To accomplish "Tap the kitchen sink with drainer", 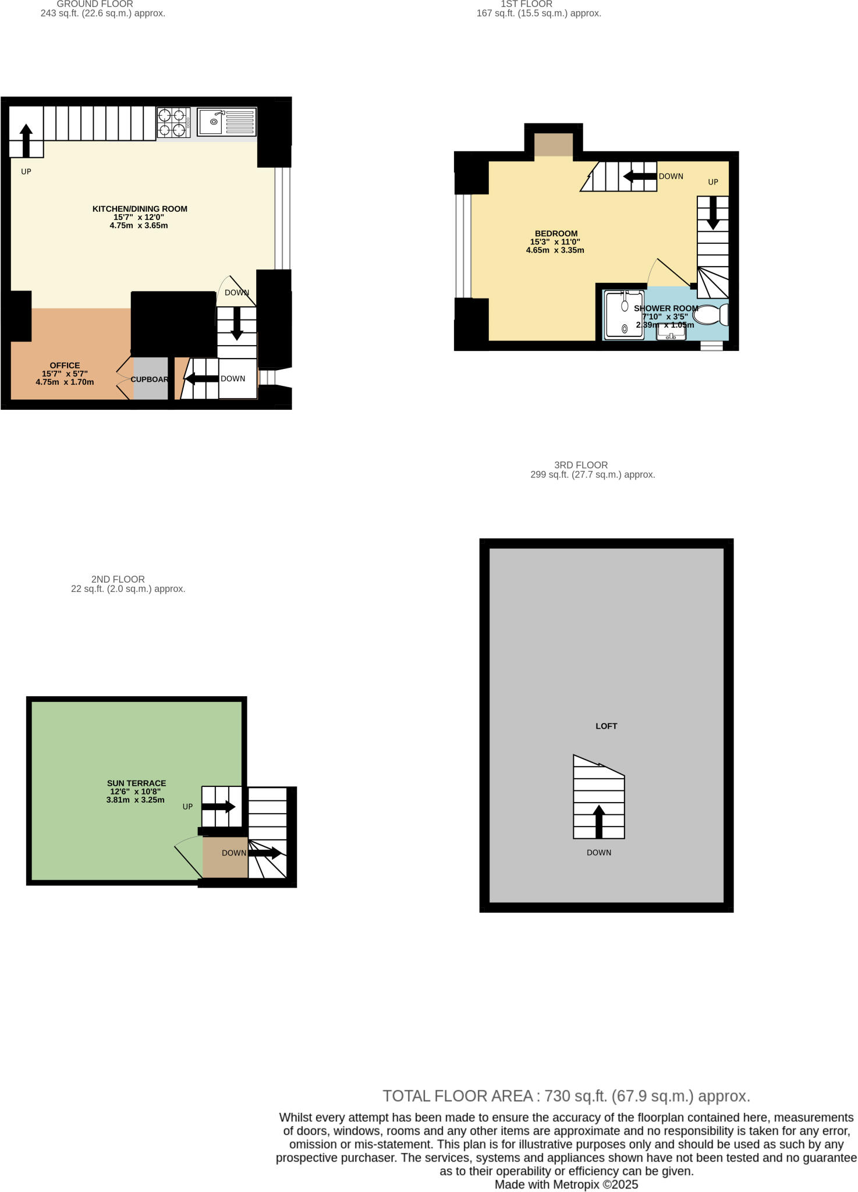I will (226, 122).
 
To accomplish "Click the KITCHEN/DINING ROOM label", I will (140, 209).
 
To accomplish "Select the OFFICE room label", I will (65, 366).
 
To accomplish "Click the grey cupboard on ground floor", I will (151, 379).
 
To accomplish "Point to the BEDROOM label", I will (556, 234).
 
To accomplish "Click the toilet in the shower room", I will (711, 315).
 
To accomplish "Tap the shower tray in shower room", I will (624, 315).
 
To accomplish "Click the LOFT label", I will (606, 726).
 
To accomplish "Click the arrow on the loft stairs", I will (598, 821).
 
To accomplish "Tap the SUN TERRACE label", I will (136, 783).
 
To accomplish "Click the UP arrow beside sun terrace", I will (218, 807).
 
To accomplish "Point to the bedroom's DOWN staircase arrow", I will (640, 176).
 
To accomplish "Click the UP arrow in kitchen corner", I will (26, 140).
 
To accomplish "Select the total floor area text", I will (566, 1096).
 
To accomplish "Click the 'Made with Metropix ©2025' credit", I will (566, 1184).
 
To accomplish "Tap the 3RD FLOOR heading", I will (580, 465).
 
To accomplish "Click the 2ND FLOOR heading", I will (118, 579).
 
